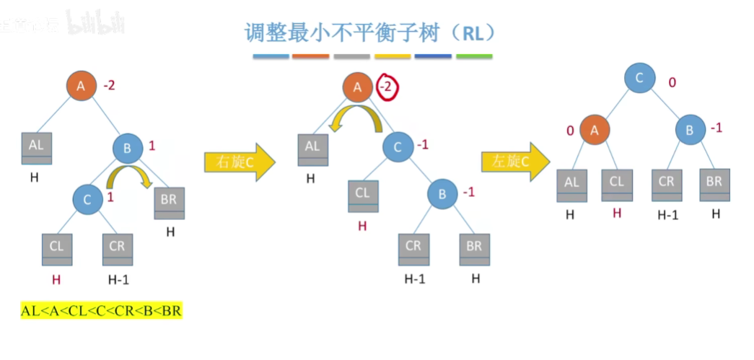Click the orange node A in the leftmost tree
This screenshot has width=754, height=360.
pos(82,86)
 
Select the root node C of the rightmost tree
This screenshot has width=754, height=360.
pos(639,79)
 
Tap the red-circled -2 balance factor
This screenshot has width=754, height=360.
pos(387,87)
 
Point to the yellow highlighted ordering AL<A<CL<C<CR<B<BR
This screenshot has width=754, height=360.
pos(102,312)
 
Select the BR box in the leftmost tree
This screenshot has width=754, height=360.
pos(169,203)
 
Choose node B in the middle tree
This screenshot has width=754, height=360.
pos(443,194)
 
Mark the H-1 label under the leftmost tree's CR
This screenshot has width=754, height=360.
pos(117,279)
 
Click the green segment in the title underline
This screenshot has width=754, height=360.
pos(475,56)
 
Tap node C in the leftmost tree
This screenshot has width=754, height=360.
pos(87,200)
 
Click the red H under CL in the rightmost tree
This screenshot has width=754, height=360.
pos(617,213)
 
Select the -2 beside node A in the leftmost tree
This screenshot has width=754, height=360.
pos(109,85)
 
